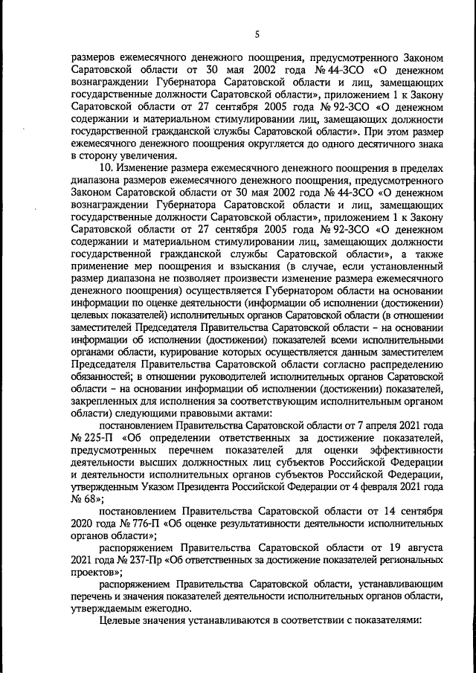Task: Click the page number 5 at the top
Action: click(x=257, y=35)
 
